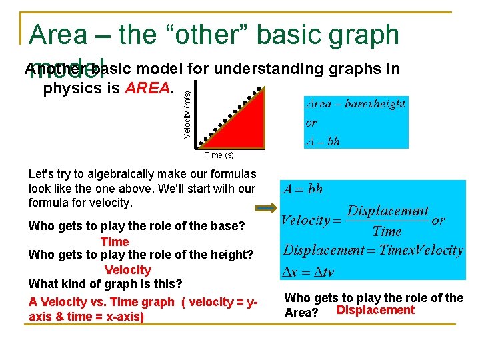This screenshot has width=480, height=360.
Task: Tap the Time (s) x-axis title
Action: click(x=219, y=155)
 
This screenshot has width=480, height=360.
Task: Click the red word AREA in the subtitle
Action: click(x=148, y=88)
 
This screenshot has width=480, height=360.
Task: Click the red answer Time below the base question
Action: click(x=115, y=241)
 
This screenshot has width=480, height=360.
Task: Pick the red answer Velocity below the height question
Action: click(x=128, y=269)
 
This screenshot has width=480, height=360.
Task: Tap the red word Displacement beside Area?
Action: click(x=375, y=310)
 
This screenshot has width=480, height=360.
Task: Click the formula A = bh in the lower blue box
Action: click(x=303, y=189)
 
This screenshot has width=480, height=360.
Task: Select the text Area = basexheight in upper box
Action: click(x=355, y=103)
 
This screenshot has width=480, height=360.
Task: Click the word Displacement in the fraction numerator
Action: click(x=388, y=211)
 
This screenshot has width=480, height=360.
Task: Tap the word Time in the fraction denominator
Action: click(x=387, y=231)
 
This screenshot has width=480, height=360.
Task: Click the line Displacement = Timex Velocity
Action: click(x=373, y=251)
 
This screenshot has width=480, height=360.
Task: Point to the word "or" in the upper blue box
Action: click(x=311, y=123)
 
